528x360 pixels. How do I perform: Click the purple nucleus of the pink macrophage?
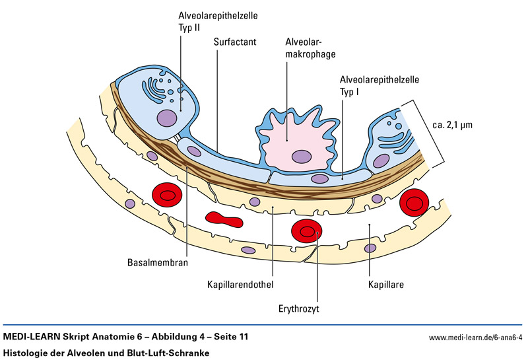point(302,157)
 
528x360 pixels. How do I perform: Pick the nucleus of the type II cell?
point(166,118)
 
